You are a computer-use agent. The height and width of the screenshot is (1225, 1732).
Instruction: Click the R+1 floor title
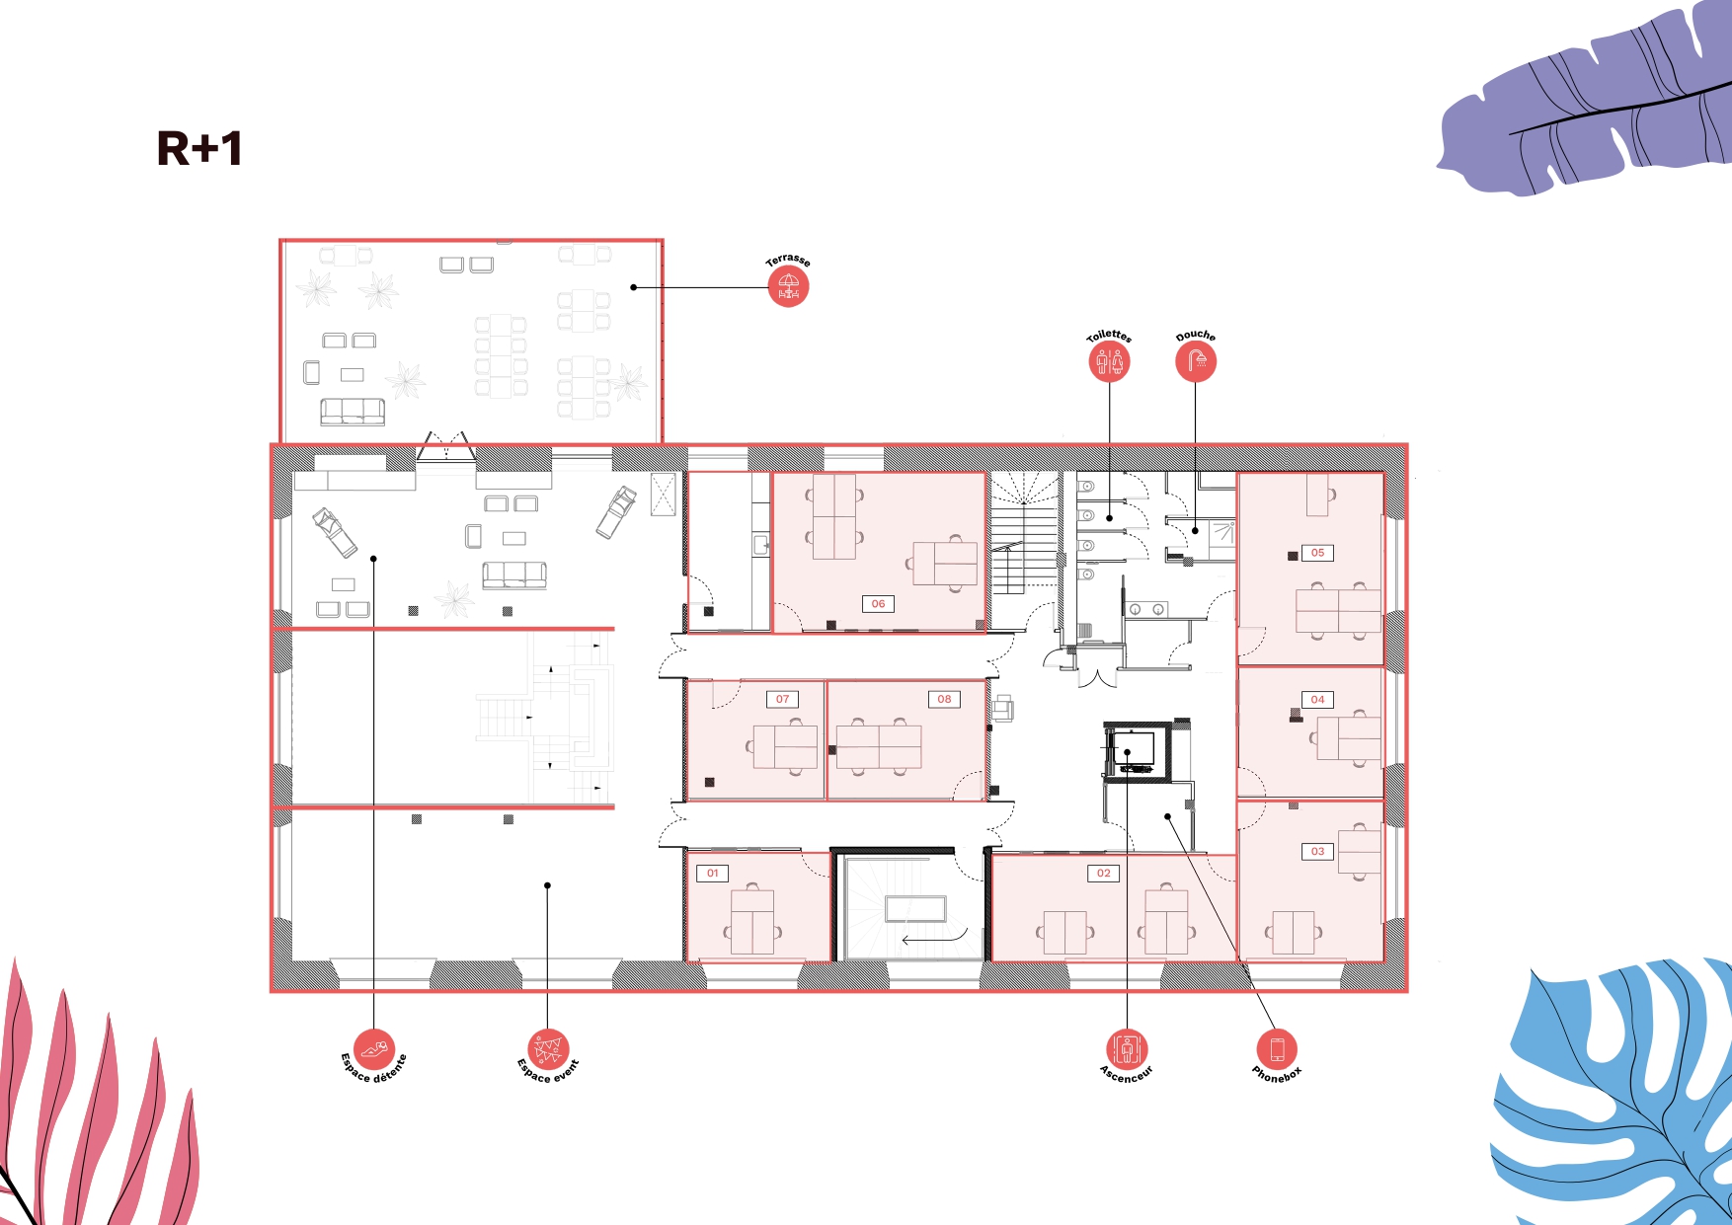tap(199, 149)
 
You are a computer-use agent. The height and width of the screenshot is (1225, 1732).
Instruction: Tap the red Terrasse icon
tap(788, 287)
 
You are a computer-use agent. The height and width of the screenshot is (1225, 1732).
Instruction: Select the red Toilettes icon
tap(1109, 362)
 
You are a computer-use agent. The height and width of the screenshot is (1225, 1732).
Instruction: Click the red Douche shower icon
tap(1196, 362)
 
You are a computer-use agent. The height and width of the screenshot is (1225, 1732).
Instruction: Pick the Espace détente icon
tap(374, 1049)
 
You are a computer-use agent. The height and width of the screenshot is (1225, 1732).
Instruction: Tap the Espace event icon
tap(547, 1049)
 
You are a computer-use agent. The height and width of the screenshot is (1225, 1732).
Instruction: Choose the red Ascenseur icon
tap(1127, 1049)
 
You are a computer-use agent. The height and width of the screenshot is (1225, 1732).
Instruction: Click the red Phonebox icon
tap(1277, 1049)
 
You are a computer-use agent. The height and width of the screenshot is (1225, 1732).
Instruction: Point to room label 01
tap(713, 874)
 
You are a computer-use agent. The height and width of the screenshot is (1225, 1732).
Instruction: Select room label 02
tap(1104, 874)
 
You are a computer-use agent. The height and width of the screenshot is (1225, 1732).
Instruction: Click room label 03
tap(1318, 851)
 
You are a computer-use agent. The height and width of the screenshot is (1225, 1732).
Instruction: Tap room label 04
tap(1318, 700)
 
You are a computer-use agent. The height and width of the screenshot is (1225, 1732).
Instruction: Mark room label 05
tap(1318, 553)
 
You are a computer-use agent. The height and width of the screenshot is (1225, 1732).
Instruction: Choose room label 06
tap(879, 604)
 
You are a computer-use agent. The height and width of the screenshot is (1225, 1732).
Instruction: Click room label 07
tap(783, 699)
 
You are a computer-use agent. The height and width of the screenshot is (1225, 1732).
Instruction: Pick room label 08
tap(945, 699)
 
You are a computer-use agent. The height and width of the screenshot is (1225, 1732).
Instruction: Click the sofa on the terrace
tap(353, 412)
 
